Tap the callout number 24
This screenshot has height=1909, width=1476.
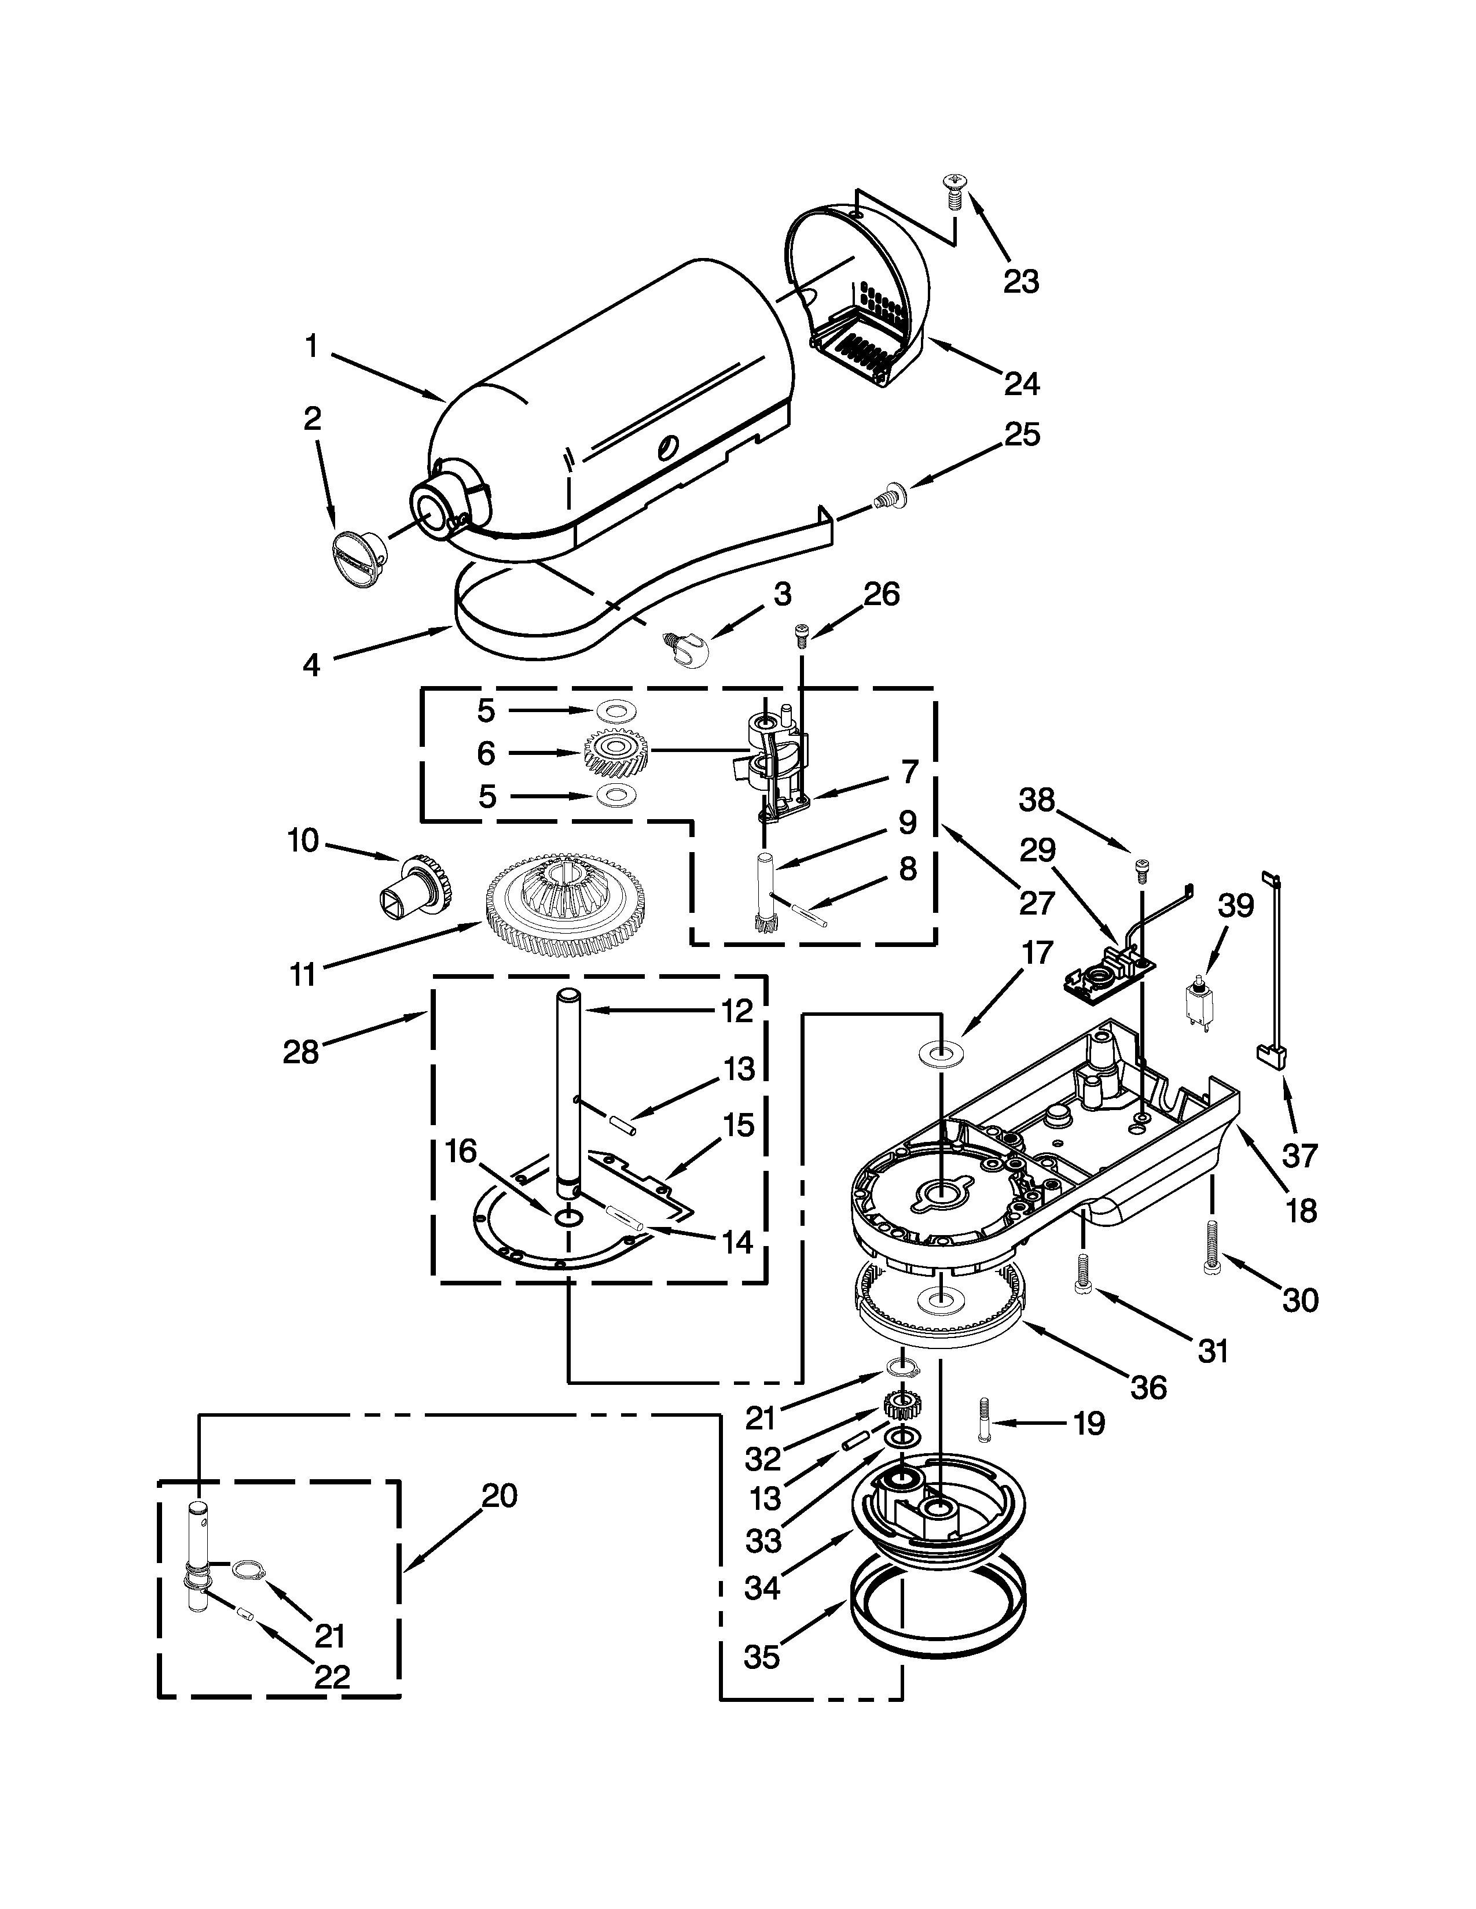(x=1021, y=383)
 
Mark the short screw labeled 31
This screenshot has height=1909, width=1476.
(x=1082, y=1283)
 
